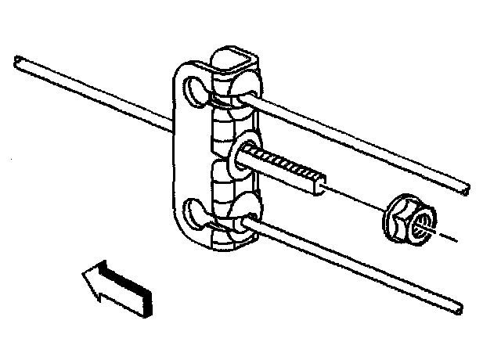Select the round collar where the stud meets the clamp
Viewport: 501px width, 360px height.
click(240, 152)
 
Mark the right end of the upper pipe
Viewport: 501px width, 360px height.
click(466, 189)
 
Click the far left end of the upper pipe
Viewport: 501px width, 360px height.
click(17, 59)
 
